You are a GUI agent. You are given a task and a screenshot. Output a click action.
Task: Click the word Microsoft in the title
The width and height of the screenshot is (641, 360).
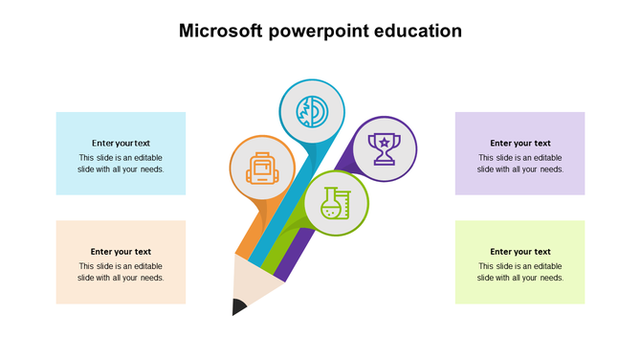click(x=220, y=31)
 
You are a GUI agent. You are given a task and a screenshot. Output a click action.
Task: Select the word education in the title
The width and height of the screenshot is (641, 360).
click(x=418, y=31)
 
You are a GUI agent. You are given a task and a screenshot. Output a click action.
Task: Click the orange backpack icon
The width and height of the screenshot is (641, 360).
click(x=261, y=168)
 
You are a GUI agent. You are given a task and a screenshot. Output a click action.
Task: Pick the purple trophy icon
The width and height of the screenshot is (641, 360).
click(x=385, y=148)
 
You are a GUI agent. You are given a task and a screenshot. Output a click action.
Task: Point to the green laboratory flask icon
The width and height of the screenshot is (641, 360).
click(x=336, y=205)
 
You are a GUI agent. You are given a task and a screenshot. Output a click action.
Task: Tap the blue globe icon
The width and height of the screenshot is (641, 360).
click(x=311, y=111)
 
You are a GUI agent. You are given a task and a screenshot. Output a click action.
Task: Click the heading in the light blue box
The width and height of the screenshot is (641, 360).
click(x=121, y=144)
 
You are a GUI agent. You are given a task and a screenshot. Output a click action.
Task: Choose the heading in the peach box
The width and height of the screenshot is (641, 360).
click(x=121, y=252)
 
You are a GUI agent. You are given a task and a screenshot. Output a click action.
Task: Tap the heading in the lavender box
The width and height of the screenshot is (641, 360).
click(x=520, y=144)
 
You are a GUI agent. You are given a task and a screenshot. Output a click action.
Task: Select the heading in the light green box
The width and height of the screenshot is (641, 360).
click(x=520, y=252)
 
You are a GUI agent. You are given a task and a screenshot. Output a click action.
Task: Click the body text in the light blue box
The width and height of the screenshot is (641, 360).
click(x=121, y=164)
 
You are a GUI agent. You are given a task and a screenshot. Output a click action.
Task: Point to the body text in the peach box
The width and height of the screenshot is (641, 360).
click(x=121, y=272)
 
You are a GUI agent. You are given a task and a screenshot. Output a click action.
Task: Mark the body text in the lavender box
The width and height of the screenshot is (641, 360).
click(x=520, y=164)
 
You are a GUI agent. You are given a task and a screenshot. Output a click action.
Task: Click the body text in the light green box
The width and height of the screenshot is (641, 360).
click(x=520, y=272)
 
